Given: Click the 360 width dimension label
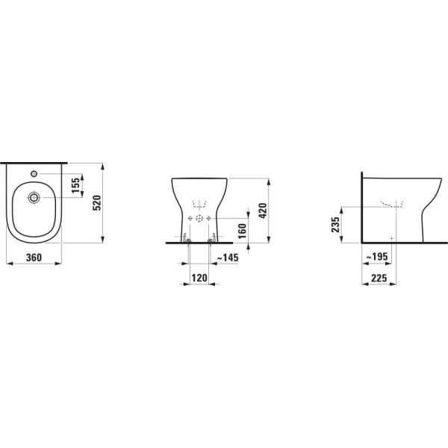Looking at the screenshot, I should click(x=32, y=258).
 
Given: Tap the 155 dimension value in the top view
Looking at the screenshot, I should click(x=76, y=184).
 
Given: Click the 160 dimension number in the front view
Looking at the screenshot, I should click(x=241, y=230).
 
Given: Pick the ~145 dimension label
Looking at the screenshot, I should click(x=227, y=258).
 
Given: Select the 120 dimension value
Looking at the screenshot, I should click(x=199, y=277).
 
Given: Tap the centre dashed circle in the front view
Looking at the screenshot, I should click(x=199, y=217).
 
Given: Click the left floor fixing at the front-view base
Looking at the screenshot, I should click(x=187, y=239).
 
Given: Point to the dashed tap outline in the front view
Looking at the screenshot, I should click(x=199, y=202).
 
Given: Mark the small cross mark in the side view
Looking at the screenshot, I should click(x=391, y=236).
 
